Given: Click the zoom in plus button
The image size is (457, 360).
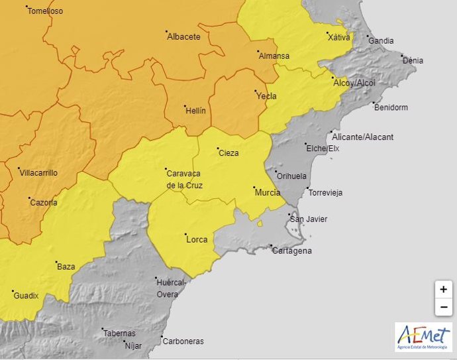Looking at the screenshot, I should click(x=443, y=290).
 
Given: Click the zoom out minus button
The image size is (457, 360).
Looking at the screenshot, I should click(x=443, y=308).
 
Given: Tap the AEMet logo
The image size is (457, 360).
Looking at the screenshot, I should click(x=423, y=337).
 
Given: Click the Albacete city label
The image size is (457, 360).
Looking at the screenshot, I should click(x=184, y=37).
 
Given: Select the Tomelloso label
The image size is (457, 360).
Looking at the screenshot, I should click(x=45, y=11).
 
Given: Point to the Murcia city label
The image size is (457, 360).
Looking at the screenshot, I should click(x=268, y=193).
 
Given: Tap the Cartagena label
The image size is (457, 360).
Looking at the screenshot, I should click(x=291, y=251).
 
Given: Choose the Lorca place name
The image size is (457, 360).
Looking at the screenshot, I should click(x=197, y=240).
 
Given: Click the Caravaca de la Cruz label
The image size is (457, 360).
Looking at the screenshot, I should click(x=184, y=180).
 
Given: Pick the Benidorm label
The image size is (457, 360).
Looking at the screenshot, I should click(x=391, y=107).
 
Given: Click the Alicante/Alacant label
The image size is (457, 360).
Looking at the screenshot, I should click(x=362, y=137).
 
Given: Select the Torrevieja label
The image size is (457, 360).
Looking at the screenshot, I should click(x=325, y=193).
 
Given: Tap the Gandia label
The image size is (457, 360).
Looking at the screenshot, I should click(x=381, y=41).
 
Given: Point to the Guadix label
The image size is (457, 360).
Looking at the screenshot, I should click(x=26, y=296).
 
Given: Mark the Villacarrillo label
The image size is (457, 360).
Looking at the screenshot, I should click(x=39, y=173).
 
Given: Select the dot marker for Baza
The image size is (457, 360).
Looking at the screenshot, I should click(x=56, y=262).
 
